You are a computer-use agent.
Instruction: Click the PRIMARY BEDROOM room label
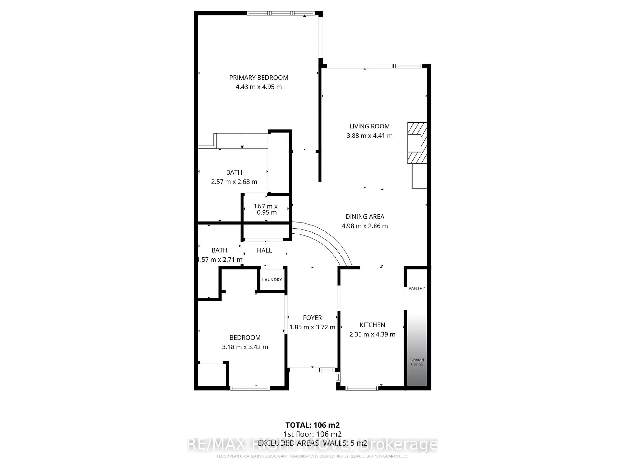(258, 78)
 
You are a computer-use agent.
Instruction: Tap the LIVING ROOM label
(369, 126)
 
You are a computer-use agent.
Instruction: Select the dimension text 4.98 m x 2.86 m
(364, 226)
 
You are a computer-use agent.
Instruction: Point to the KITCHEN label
(372, 325)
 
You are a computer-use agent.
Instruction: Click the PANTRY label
(417, 288)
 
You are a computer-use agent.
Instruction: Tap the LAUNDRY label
(272, 280)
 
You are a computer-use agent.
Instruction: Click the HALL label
(264, 250)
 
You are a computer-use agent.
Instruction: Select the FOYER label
(312, 318)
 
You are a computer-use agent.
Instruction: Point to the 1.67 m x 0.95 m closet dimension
(266, 209)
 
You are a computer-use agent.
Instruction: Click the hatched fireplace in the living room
(417, 143)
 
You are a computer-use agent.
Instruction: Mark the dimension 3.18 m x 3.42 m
(245, 347)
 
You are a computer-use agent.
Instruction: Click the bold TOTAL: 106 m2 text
(312, 425)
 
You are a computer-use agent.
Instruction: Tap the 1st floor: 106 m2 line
(312, 434)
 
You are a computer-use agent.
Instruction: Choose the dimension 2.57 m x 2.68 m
(234, 182)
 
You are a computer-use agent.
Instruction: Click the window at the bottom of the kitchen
(362, 388)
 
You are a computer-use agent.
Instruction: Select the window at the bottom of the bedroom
(250, 388)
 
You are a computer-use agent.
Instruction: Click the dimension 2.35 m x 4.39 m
(372, 334)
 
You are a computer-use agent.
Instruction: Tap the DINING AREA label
(364, 217)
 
